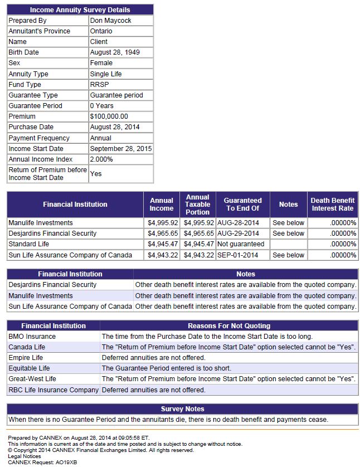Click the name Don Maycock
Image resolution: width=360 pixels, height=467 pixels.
click(110, 21)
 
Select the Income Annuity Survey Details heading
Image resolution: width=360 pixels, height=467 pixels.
click(80, 10)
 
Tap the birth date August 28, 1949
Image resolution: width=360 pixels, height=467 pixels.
click(114, 52)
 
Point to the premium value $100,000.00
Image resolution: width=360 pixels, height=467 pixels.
click(109, 116)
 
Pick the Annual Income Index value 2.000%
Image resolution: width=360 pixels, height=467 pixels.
click(101, 159)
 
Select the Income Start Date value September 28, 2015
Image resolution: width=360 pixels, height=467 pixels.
click(120, 149)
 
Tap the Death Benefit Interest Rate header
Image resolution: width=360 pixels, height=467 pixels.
click(332, 204)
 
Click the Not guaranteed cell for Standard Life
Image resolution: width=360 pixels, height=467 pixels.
click(241, 244)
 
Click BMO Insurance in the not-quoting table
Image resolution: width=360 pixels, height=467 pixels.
click(32, 337)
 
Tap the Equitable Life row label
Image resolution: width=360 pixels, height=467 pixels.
click(29, 368)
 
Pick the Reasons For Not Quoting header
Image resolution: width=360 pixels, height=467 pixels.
click(228, 326)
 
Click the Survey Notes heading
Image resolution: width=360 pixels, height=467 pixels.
click(182, 409)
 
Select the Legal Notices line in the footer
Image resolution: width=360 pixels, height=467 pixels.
click(24, 456)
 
